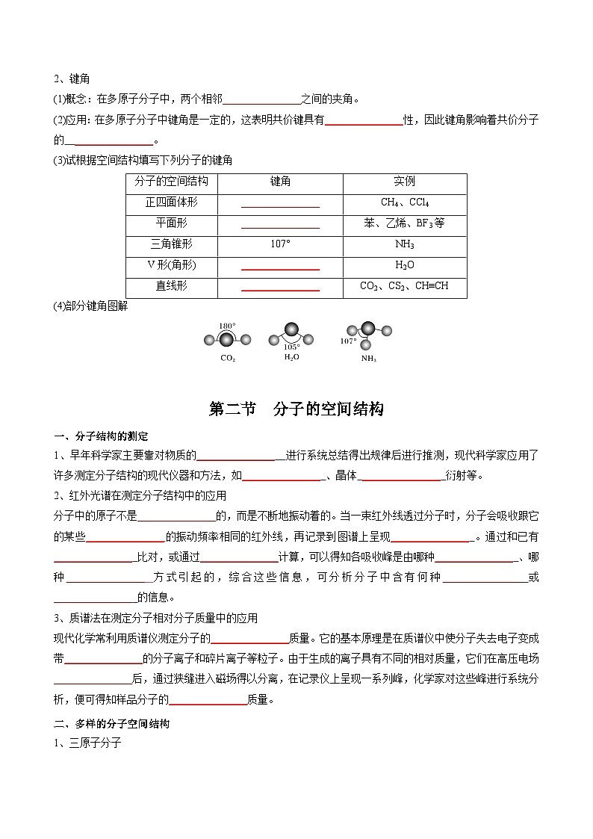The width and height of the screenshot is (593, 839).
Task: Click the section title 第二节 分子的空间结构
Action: pos(296,409)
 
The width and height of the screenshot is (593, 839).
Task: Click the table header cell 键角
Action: pos(280,182)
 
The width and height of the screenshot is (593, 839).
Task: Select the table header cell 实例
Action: pos(405,182)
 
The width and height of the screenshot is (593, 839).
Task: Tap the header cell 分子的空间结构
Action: pos(172,182)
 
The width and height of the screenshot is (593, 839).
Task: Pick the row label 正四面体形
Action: pos(172,202)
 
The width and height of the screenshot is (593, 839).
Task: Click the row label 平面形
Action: pos(172,223)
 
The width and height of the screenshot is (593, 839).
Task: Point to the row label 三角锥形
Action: pos(172,244)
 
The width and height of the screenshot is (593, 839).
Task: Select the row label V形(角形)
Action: pos(172,265)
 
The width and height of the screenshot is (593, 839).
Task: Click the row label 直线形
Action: pos(172,286)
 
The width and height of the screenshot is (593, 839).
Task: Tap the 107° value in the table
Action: pos(280,244)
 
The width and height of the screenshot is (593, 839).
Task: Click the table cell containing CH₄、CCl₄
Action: pos(405,202)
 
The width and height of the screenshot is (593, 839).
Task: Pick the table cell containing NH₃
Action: pos(405,244)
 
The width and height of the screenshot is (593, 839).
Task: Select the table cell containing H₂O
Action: pos(405,265)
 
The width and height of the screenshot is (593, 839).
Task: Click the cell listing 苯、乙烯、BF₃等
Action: pos(405,223)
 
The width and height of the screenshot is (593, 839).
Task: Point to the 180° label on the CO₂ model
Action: pos(227,326)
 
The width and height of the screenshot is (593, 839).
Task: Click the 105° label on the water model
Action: pos(291,347)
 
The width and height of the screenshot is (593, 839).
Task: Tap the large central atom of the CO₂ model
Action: pos(227,341)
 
